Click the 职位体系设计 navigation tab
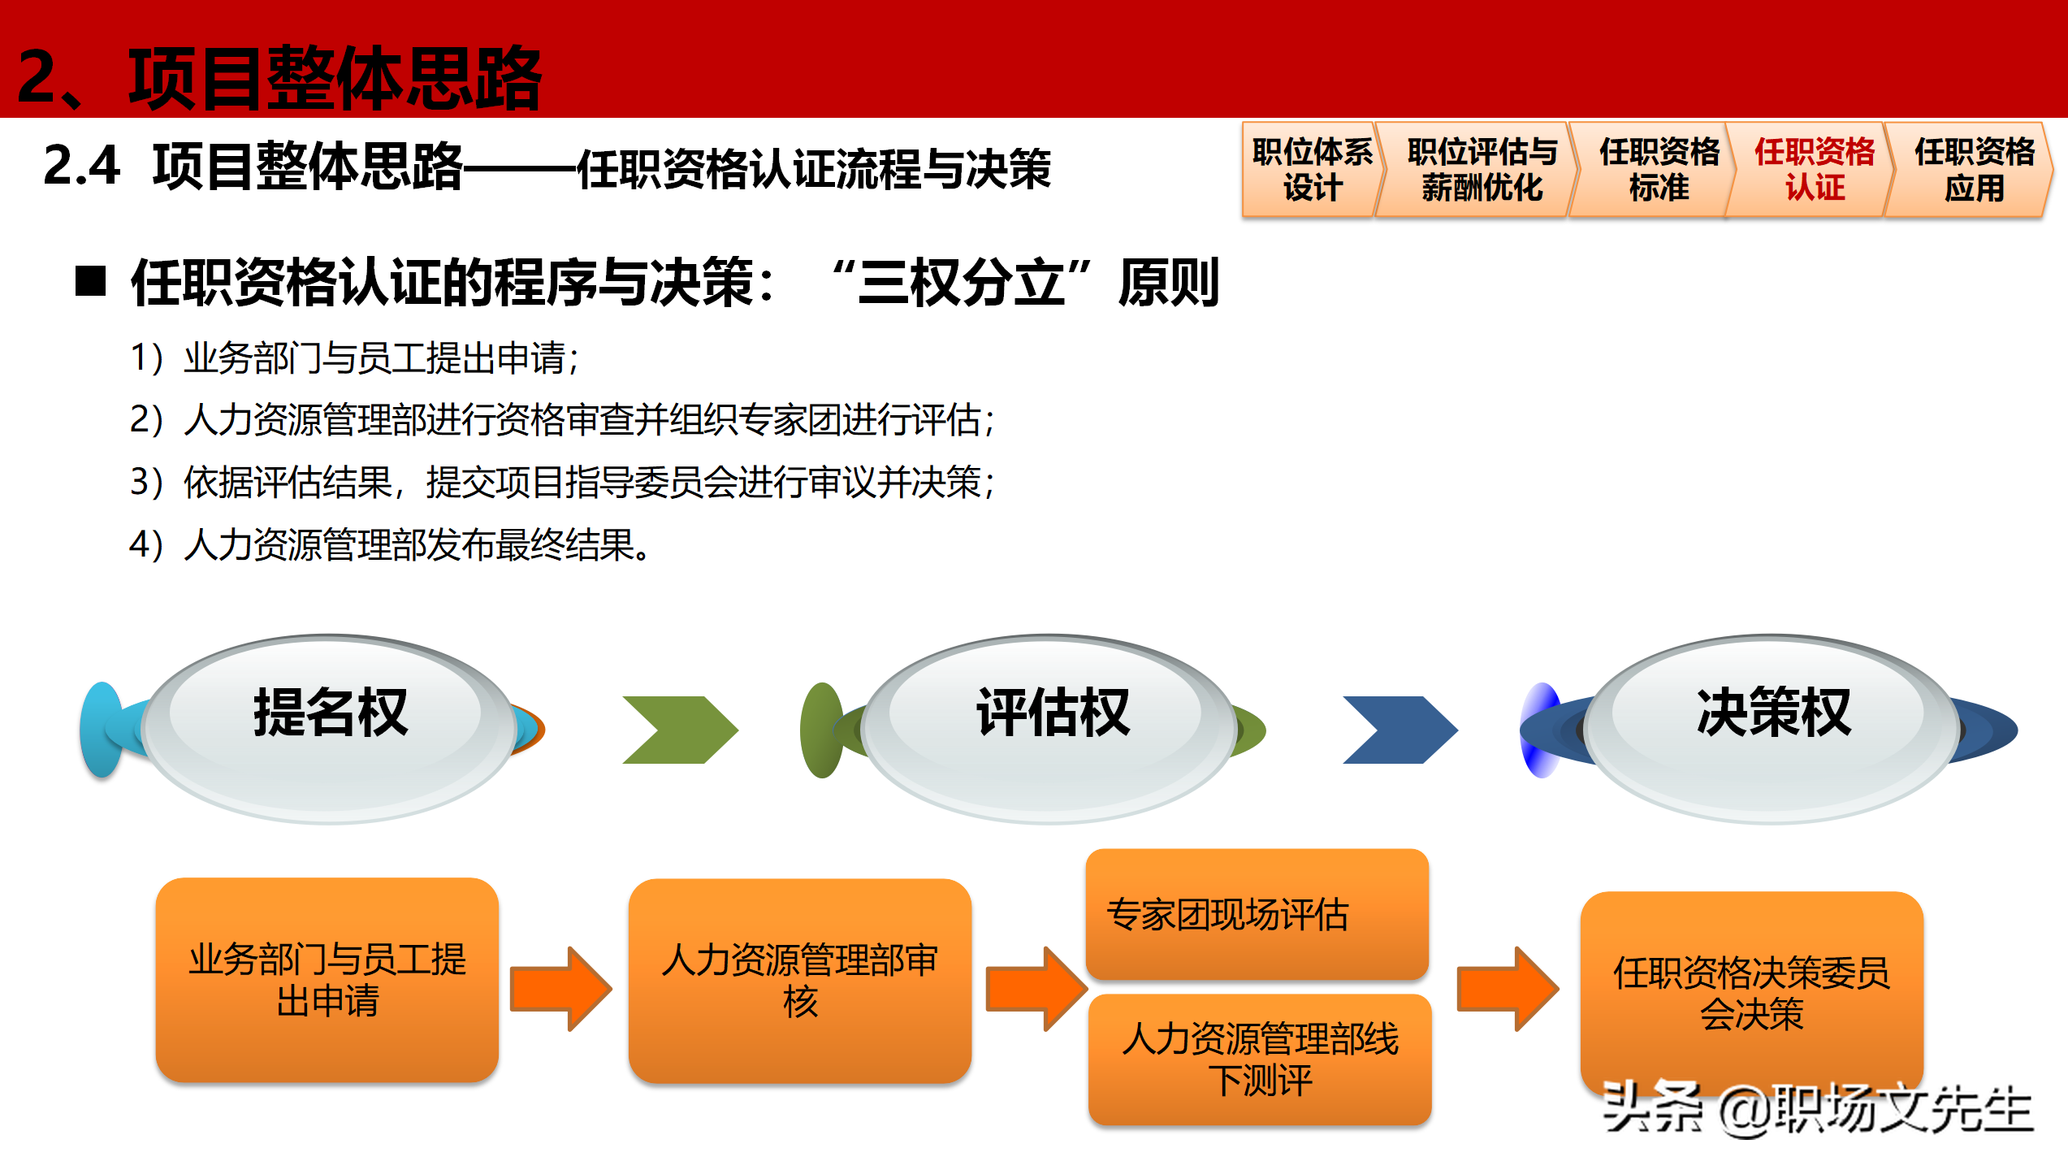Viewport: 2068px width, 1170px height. tap(1311, 170)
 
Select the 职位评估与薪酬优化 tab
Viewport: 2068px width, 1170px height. tap(1482, 170)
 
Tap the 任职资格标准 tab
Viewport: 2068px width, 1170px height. tap(1659, 170)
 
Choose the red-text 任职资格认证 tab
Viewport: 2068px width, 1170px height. tap(1815, 170)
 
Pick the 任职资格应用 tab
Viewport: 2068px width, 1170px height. tap(1974, 170)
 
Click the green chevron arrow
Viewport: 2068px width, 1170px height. tap(681, 730)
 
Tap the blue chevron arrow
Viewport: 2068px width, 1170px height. tap(1400, 730)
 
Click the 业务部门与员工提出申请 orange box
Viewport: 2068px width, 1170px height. tap(327, 980)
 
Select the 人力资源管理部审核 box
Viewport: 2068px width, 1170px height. tap(799, 980)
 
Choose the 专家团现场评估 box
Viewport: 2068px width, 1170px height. tap(1257, 914)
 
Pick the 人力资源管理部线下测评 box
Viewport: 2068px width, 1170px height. tap(1260, 1059)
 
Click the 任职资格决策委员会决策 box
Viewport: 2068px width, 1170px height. tap(1751, 993)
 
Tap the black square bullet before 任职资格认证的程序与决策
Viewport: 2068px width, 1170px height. tap(91, 282)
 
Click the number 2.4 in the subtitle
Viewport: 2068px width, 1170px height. tap(82, 166)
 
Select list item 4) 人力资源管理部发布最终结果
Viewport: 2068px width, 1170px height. tap(390, 544)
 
